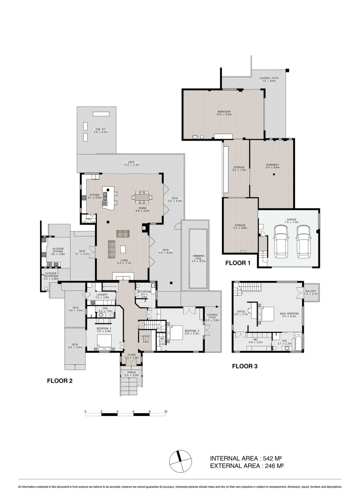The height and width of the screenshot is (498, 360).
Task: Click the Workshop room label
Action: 224,113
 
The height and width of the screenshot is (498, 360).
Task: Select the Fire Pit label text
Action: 100,130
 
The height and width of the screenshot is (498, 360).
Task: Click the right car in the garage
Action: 303,242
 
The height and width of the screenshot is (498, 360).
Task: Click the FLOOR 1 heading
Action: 238,263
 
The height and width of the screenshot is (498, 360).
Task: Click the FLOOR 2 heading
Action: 60,381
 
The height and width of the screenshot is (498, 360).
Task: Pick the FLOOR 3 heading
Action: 245,367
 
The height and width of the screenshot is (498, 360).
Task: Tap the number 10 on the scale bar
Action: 165,411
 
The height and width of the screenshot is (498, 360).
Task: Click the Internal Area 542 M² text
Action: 246,458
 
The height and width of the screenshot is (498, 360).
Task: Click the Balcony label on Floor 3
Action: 311,292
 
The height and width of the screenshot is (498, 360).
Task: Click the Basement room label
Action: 273,166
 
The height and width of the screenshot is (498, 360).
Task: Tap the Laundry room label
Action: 102,296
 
